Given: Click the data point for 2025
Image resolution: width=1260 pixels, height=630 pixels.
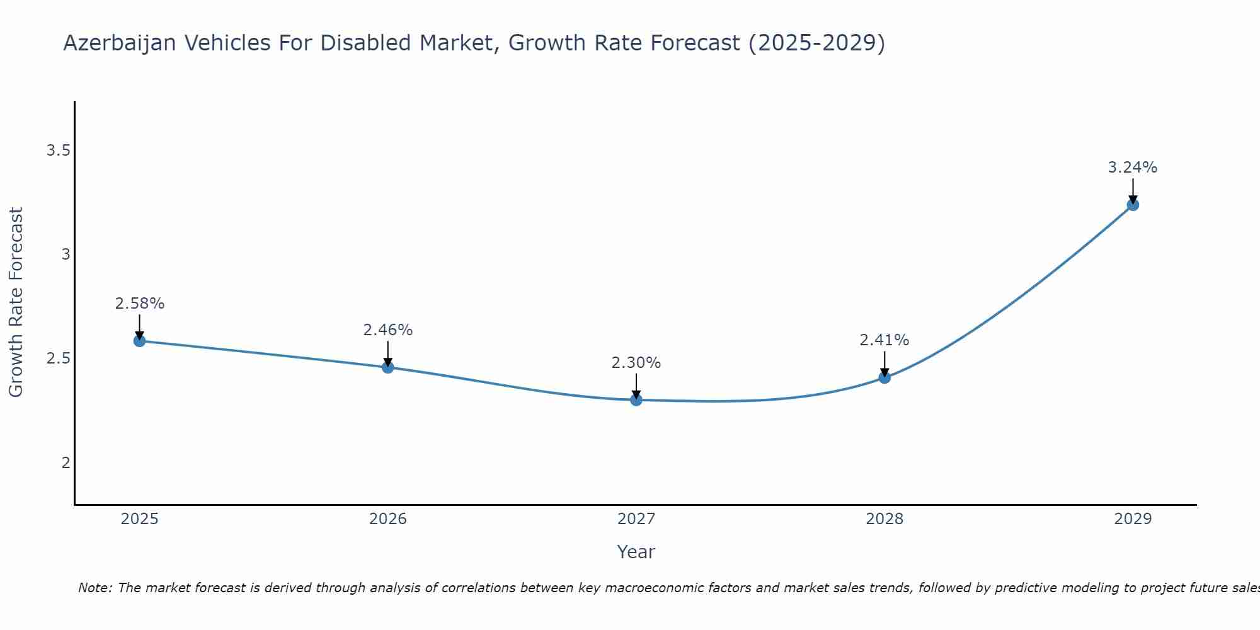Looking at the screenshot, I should pos(139,341).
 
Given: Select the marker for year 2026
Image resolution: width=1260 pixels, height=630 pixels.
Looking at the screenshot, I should pos(387,367).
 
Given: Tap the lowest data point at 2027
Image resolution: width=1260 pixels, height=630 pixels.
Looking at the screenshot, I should pos(636,399).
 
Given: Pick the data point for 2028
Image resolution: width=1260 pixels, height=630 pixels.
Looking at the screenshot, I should pos(884,377).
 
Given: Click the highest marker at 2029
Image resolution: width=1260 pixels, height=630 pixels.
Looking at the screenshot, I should pos(1132,205).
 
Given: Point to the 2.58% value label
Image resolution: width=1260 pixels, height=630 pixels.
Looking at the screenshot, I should pos(139,304).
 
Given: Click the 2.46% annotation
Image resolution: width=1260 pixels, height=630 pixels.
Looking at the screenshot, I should pos(387,330).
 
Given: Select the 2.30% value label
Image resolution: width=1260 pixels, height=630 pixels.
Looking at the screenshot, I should pos(636,363).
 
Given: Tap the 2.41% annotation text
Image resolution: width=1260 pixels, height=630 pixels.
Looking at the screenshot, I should pos(884,340).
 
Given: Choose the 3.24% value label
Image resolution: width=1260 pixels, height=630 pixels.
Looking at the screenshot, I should pos(1132,168).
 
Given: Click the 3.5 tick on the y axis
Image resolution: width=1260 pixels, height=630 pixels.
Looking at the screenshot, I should pos(58,151).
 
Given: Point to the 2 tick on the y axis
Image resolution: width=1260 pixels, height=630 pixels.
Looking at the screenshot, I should pos(66,463).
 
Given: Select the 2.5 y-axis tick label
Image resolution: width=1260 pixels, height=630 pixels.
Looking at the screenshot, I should pos(58,359).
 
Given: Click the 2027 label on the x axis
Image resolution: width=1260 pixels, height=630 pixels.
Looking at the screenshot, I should pos(636,519).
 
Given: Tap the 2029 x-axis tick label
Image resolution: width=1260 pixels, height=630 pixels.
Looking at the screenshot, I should pos(1132,519).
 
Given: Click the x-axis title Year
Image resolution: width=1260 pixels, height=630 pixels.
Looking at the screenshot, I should pos(636,552).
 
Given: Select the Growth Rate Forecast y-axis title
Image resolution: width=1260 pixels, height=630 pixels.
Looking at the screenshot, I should pos(16,302).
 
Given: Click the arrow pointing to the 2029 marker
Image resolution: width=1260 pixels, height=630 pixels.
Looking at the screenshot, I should pos(1132,191).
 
